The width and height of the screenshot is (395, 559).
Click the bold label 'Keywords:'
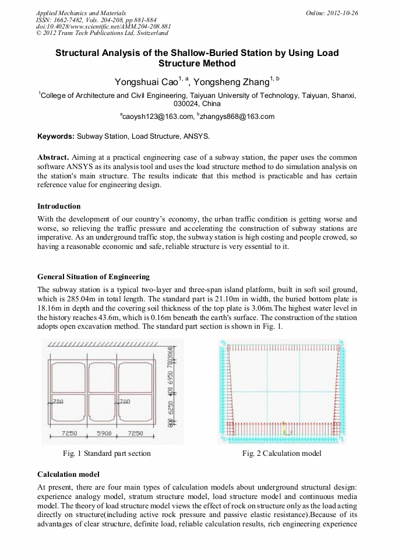click(56, 136)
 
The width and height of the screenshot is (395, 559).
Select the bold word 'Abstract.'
click(54, 158)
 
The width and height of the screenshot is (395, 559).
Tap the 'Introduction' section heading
click(59, 206)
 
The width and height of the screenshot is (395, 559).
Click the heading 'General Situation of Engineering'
click(93, 277)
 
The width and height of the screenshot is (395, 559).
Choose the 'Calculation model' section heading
click(68, 474)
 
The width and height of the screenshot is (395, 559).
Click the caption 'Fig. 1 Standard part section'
click(107, 453)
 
